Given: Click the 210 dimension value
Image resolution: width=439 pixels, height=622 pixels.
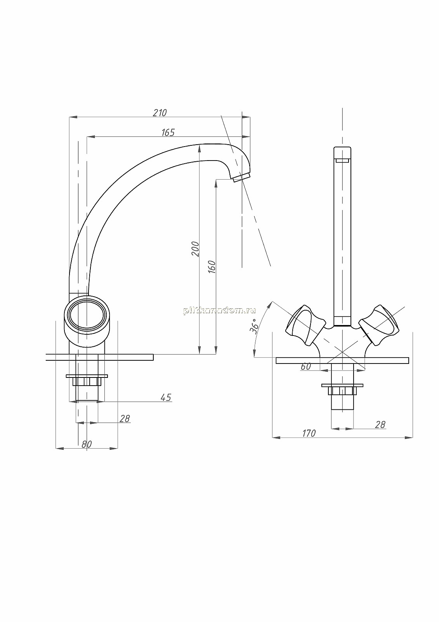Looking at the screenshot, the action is pos(160,113).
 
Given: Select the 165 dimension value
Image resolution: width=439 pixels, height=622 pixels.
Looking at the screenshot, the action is pos(168,133).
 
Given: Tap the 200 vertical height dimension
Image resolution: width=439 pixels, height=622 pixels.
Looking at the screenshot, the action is pos(195,249).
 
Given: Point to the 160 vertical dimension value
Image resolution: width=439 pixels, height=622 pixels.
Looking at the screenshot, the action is pos(212,267).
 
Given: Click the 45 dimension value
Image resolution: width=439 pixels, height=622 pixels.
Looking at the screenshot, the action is pos(166,398).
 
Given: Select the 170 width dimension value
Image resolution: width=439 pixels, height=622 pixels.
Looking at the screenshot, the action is pos(309,433).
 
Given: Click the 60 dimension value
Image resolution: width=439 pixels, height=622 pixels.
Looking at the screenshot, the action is pos(305,367).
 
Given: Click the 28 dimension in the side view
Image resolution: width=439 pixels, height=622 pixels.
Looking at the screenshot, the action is pos(125,419).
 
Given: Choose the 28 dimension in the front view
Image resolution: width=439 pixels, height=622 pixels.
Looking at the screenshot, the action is pos(380,425).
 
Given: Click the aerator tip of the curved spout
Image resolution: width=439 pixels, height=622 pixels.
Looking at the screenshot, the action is pos(241,177).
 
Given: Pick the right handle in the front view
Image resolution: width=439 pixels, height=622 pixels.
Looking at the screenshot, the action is pos(379,325).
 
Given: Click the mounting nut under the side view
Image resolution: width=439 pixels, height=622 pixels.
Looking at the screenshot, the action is pos(87,380).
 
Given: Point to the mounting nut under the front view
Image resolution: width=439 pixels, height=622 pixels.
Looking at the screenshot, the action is pos(342,389).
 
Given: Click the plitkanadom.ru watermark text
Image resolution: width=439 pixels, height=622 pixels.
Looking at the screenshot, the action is pos(219,311).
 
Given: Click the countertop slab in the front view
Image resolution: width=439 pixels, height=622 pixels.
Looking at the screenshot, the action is pos(342,360).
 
